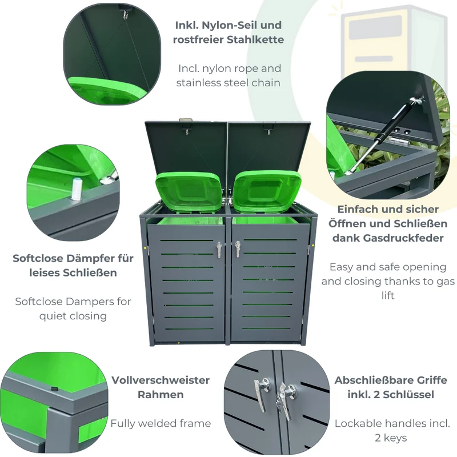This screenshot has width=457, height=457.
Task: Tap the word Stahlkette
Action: (x=255, y=39)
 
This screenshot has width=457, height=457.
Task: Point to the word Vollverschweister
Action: (x=161, y=380)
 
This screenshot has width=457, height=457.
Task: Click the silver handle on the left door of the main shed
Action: (x=219, y=250)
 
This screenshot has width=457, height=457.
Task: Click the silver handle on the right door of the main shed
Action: (x=238, y=249)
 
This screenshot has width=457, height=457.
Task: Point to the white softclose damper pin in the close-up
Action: (x=76, y=189)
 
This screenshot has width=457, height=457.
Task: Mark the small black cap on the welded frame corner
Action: (x=54, y=389)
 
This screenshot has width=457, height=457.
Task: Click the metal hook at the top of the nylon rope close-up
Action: (x=125, y=14)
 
